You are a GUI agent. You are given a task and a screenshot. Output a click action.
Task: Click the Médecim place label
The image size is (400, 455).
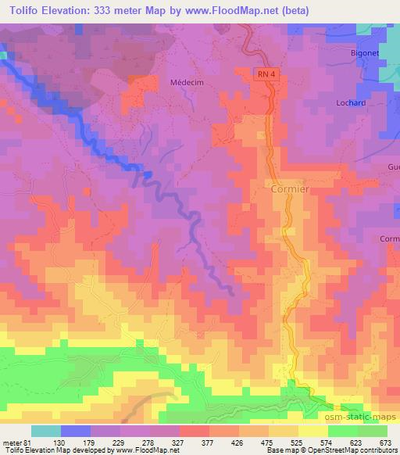pyautogui.click(x=186, y=81)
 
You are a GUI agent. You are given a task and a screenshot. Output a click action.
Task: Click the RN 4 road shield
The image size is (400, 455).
pyautogui.click(x=266, y=73)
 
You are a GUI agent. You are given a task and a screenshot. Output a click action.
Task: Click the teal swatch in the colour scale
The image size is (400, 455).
pyautogui.click(x=46, y=431)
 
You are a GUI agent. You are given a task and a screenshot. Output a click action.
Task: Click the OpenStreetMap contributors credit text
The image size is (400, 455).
pyautogui.click(x=352, y=451)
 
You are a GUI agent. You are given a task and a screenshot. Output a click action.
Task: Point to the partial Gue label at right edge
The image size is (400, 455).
pyautogui.click(x=393, y=167)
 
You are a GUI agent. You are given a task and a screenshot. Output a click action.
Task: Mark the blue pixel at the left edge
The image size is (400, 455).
pyautogui.click(x=2, y=56)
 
